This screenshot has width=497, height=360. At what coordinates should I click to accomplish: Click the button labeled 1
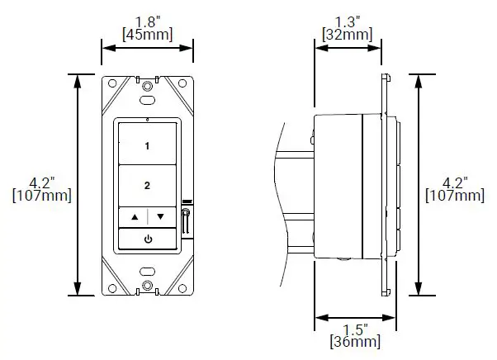(x=147, y=145)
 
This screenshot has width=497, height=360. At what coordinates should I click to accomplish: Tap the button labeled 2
(x=147, y=185)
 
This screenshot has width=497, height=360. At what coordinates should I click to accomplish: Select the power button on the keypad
(x=147, y=239)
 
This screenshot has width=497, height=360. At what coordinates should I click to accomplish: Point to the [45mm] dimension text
(x=147, y=35)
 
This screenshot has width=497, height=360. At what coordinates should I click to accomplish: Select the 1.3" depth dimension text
(x=347, y=21)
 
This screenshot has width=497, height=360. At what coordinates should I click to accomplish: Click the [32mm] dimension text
(x=347, y=35)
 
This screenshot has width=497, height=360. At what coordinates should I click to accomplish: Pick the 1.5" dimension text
(x=355, y=329)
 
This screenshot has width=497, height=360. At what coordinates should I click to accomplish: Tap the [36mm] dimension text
(x=355, y=342)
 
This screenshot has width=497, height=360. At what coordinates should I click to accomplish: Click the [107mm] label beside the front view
(x=41, y=196)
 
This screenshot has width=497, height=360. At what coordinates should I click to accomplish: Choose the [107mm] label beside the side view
(x=454, y=196)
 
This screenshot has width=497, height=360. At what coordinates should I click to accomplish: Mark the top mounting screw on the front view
(x=147, y=85)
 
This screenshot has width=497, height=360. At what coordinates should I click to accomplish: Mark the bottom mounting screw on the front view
(x=147, y=286)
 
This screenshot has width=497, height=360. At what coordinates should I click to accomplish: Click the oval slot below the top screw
(x=147, y=100)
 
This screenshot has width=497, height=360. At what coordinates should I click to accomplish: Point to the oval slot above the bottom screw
(x=147, y=271)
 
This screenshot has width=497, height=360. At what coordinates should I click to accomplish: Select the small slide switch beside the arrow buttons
(x=186, y=221)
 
